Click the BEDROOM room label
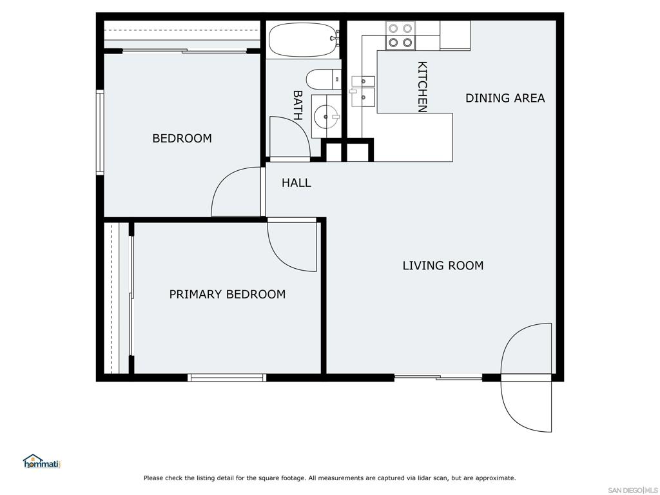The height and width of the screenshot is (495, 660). (182, 138)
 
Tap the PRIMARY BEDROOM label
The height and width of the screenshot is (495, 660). (228, 294)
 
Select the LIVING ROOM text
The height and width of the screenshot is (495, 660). (443, 265)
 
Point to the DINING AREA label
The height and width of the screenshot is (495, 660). (505, 98)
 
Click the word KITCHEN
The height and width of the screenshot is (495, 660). (422, 87)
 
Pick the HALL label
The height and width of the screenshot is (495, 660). (296, 182)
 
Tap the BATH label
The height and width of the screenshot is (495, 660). (298, 105)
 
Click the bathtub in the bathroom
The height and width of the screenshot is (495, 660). (303, 39)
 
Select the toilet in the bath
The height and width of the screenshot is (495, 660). (324, 79)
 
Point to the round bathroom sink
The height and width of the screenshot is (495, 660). (326, 117)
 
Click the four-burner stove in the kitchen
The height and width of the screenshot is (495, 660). (400, 36)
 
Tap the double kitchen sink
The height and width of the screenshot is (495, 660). (363, 92)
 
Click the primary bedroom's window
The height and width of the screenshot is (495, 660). (227, 378)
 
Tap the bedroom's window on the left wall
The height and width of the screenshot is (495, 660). (100, 132)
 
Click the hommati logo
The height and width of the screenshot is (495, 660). (42, 461)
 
